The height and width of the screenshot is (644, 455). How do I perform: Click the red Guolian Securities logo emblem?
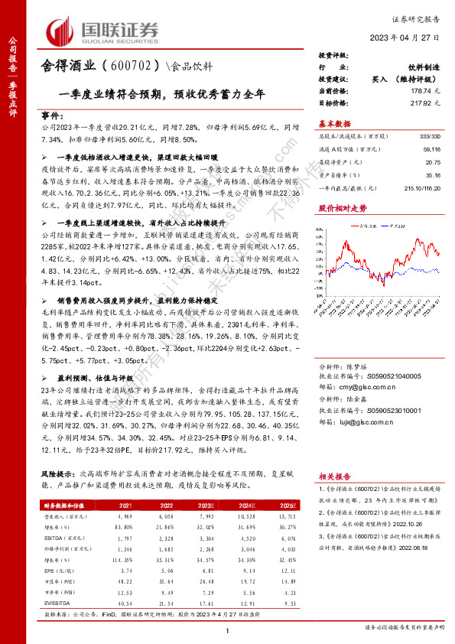pyautogui.click(x=62, y=31)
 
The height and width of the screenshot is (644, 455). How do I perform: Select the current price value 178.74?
pyautogui.click(x=421, y=91)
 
